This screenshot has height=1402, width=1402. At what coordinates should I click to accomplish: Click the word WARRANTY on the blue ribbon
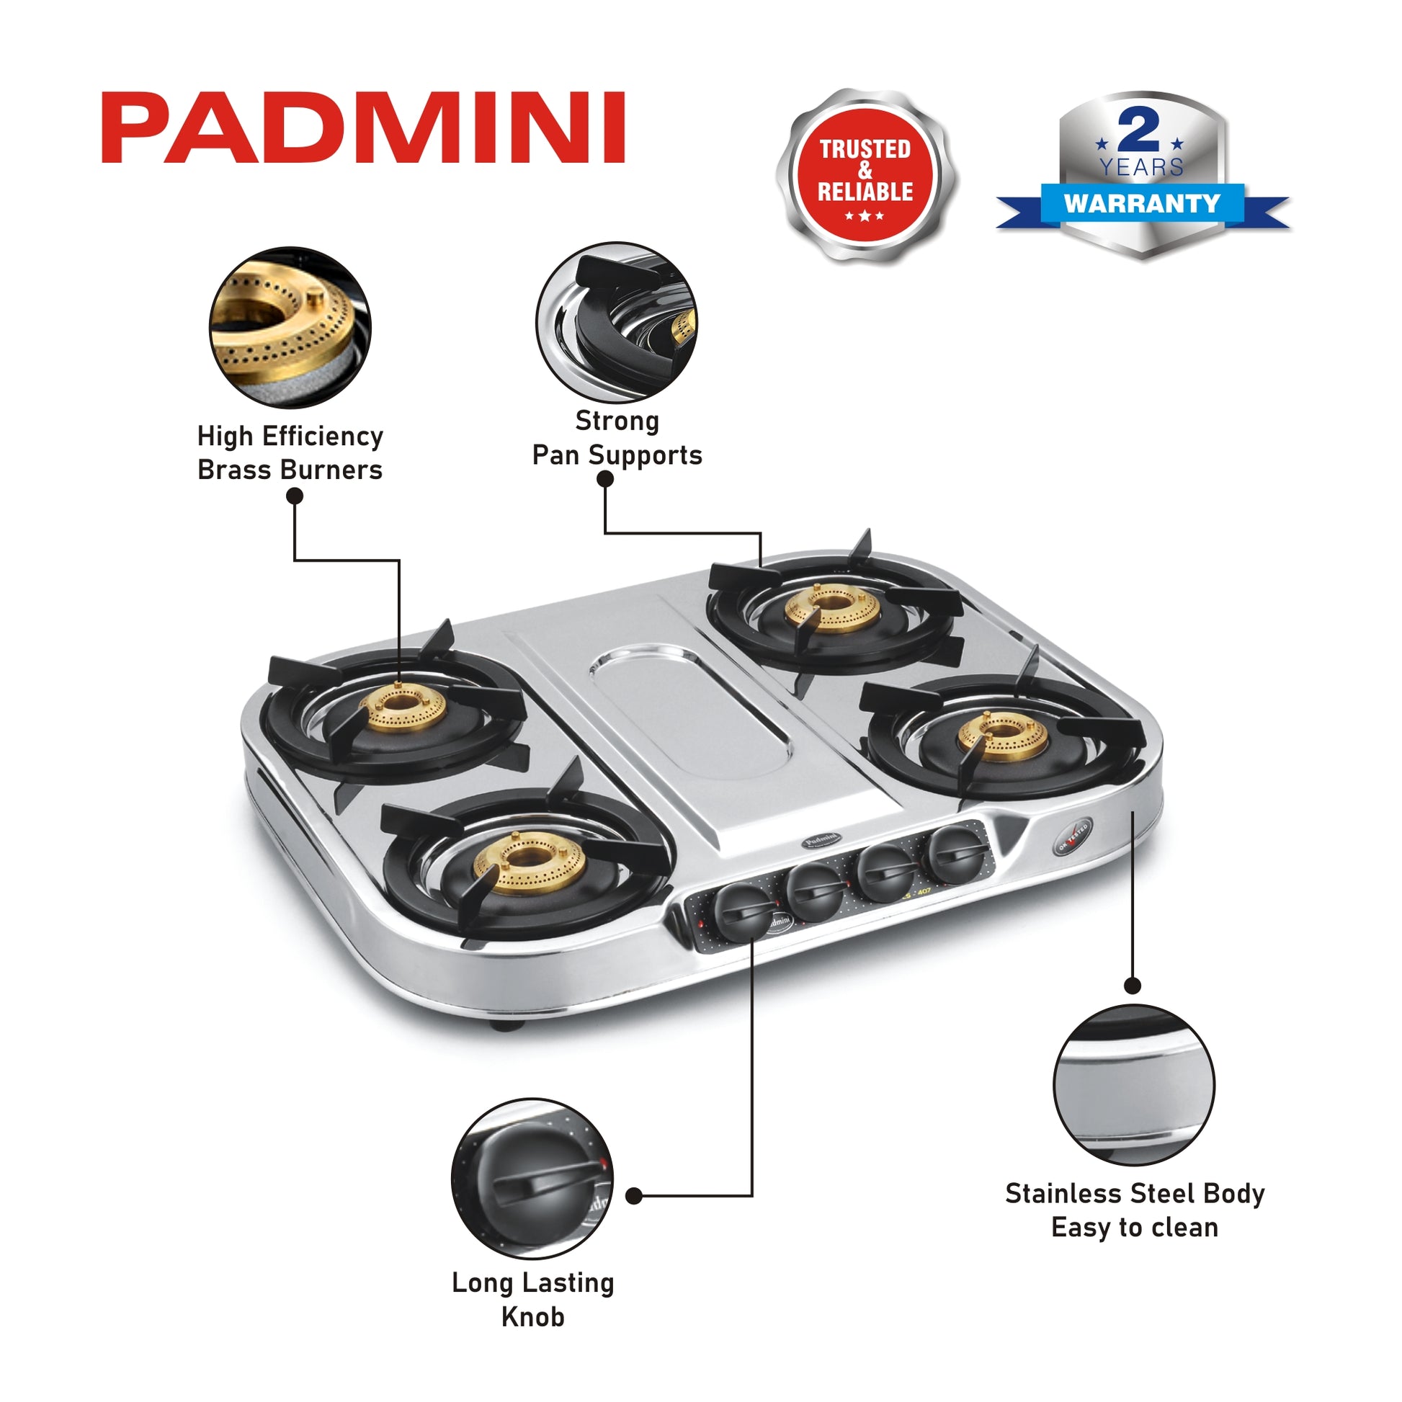pyautogui.click(x=1142, y=203)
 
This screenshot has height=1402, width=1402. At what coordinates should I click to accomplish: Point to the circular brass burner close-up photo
pyautogui.click(x=290, y=326)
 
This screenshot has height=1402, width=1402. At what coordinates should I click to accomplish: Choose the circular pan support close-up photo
pyautogui.click(x=616, y=322)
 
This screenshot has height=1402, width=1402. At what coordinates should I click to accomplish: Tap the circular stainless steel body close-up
pyautogui.click(x=1133, y=1085)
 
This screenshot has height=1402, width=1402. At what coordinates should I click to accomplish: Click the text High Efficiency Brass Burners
pyautogui.click(x=290, y=453)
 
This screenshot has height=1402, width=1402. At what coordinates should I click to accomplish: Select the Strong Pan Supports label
pyautogui.click(x=617, y=437)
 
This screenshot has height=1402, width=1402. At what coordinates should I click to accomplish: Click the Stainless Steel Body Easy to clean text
pyautogui.click(x=1134, y=1210)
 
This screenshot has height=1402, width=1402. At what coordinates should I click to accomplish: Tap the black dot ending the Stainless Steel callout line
pyautogui.click(x=1133, y=986)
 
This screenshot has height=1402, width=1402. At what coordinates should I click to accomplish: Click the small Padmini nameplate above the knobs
pyautogui.click(x=821, y=840)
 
